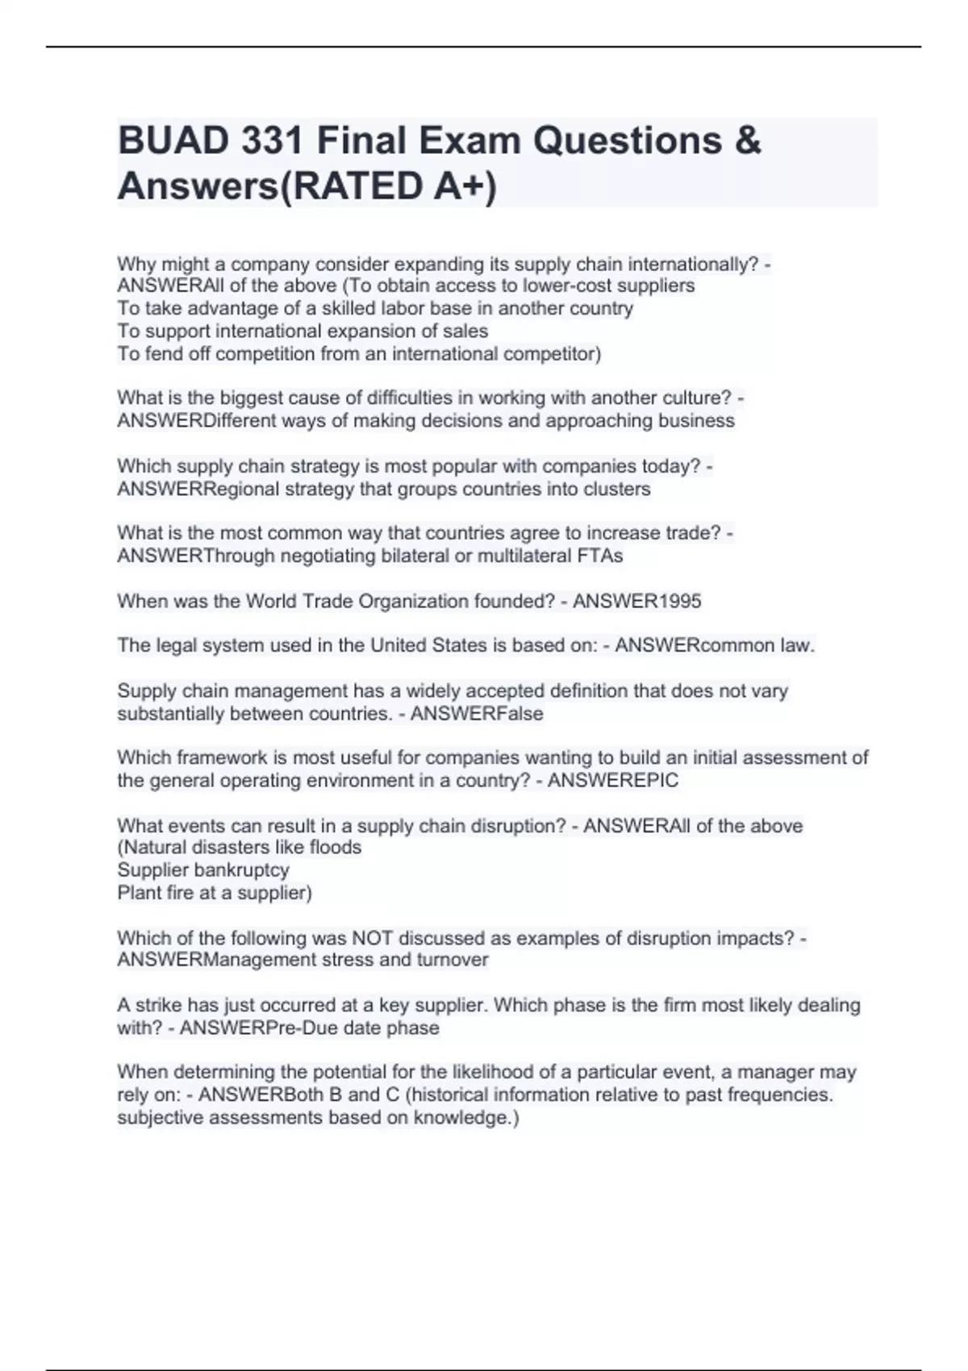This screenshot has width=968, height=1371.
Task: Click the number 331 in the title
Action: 268,141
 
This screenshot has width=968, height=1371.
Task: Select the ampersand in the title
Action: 749,141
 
